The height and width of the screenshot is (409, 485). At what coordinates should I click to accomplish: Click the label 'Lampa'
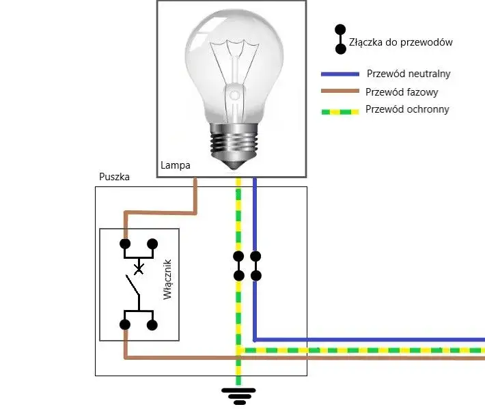tap(175, 165)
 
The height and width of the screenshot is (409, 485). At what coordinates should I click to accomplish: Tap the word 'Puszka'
tap(114, 177)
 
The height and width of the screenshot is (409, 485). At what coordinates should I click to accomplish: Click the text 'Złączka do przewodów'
tap(400, 42)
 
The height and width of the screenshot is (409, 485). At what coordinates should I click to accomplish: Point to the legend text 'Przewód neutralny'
tap(408, 74)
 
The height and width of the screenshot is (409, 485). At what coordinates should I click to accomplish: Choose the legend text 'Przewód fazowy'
tap(402, 91)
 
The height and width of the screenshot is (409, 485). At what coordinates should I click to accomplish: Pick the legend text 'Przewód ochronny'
tap(407, 109)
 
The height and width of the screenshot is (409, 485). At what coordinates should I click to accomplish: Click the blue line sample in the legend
tap(339, 74)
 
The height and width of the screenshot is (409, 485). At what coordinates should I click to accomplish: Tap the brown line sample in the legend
tap(339, 91)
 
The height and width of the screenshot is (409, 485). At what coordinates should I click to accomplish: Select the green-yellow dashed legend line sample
tap(339, 109)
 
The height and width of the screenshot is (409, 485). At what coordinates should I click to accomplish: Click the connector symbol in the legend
tap(339, 40)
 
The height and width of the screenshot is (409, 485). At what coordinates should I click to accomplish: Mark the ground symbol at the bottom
tap(238, 395)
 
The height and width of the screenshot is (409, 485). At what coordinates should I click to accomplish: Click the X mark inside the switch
tap(139, 269)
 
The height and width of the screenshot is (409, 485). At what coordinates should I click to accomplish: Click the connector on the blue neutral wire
tap(255, 266)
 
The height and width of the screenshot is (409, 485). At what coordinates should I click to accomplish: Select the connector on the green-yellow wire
tap(238, 266)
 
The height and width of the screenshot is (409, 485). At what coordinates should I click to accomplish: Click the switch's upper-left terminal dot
tap(125, 244)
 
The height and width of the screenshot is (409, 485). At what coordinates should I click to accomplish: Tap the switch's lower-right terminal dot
tap(152, 324)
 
